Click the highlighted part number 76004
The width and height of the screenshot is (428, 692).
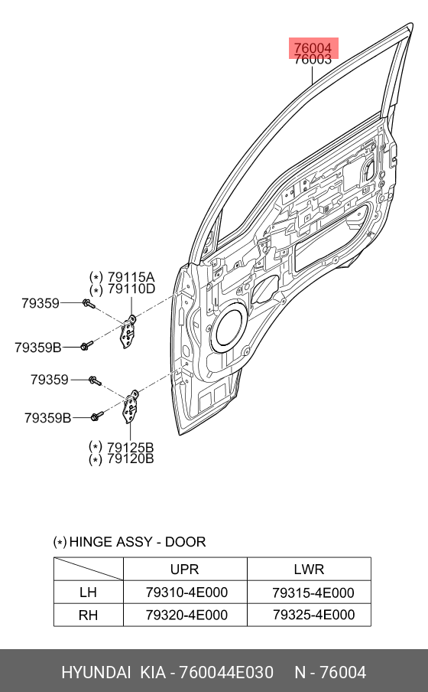313,47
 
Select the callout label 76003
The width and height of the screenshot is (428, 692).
313,59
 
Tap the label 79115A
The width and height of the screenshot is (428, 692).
131,277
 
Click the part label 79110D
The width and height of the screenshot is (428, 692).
131,289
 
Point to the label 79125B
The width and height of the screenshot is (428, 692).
131,447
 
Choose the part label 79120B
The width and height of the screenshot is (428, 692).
131,459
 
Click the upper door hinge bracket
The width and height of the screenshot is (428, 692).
128,331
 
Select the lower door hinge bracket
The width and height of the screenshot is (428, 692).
131,406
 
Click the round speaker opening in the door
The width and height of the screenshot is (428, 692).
229,327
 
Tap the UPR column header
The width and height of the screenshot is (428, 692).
185,570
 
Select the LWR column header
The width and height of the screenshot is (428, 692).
309,570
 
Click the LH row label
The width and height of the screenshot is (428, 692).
88,592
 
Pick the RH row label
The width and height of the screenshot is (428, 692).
88,615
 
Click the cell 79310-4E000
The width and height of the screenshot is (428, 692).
187,592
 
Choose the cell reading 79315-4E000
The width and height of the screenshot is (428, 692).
313,592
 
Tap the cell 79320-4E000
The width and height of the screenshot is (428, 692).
187,615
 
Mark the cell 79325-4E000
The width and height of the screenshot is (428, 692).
314,615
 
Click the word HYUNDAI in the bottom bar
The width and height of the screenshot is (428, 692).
96,673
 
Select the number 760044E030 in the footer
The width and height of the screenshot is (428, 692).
226,673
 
